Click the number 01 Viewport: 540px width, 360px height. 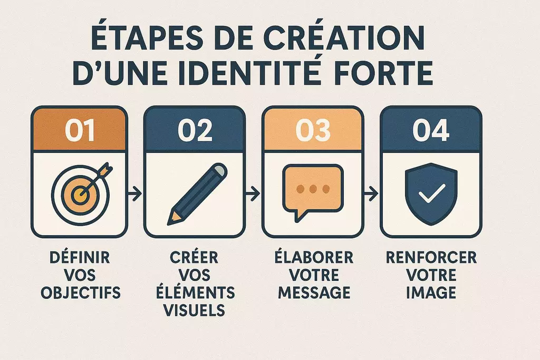pyautogui.click(x=80, y=130)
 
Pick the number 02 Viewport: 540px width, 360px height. pyautogui.click(x=195, y=130)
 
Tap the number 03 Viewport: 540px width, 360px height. pyautogui.click(x=313, y=130)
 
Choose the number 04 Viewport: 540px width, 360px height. pyautogui.click(x=431, y=130)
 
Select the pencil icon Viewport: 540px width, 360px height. pyautogui.click(x=197, y=194)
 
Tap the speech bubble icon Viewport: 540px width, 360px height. pyautogui.click(x=313, y=192)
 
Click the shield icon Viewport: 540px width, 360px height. pyautogui.click(x=431, y=194)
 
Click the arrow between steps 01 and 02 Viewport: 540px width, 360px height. pyautogui.click(x=134, y=193)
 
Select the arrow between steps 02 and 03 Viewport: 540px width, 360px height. pyautogui.click(x=253, y=193)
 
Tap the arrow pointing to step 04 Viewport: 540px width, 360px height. pyautogui.click(x=371, y=193)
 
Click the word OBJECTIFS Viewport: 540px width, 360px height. pyautogui.click(x=81, y=293)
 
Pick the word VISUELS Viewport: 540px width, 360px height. pyautogui.click(x=194, y=310)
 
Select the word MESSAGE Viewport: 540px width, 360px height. pyautogui.click(x=314, y=293)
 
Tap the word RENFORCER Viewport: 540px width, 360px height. pyautogui.click(x=431, y=257)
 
